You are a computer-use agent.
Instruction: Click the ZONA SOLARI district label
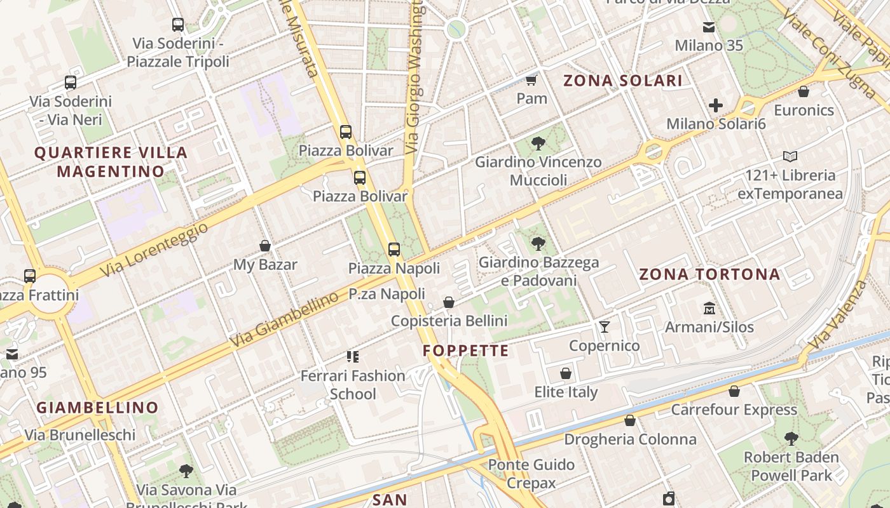coord(623,81)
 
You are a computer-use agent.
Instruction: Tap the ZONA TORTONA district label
coord(709,274)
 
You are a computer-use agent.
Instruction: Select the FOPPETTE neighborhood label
coord(466,351)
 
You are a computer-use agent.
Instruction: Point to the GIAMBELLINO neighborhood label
coord(97,408)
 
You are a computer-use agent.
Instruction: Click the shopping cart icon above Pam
coord(531,80)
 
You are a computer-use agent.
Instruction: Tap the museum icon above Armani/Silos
coord(709,309)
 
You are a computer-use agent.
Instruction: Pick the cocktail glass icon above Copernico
coord(604,327)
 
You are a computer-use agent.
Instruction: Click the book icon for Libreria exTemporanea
coord(790,156)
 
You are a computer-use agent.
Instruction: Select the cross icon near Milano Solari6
coord(716,105)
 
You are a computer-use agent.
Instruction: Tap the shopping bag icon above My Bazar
coord(265,246)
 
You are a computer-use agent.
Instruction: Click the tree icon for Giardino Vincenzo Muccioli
coord(538,144)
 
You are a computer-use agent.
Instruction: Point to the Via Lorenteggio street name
coord(154,249)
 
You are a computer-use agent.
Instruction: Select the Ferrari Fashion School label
coord(353,384)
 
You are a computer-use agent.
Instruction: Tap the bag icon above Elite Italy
coord(566,373)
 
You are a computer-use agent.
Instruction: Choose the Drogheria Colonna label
coord(630,439)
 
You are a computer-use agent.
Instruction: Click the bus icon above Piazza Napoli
coord(394,250)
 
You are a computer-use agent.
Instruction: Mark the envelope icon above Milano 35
coord(709,27)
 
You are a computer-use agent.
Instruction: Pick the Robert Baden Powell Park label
coord(791,465)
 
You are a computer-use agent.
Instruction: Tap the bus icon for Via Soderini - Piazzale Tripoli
coord(178,25)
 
